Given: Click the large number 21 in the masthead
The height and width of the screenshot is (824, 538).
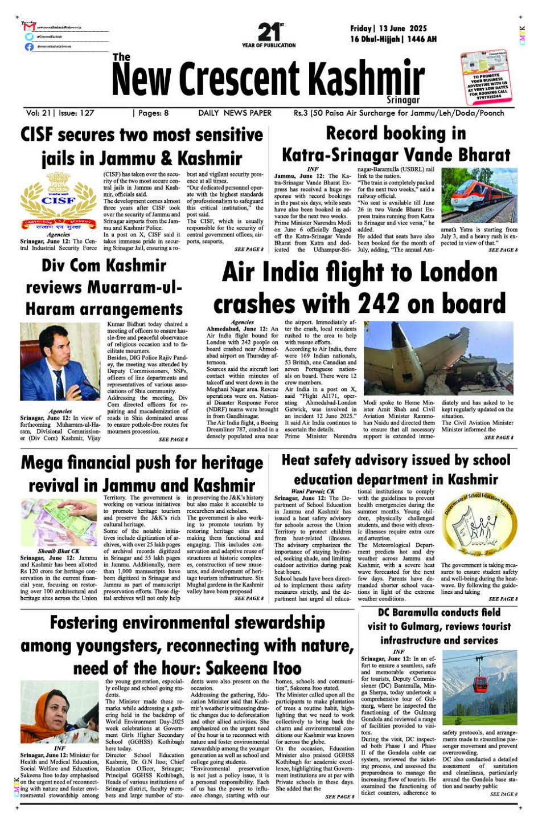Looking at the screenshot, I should tap(268, 31).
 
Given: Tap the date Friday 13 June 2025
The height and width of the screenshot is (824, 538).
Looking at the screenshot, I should tap(388, 28).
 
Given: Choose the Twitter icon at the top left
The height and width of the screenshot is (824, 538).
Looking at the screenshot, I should tap(29, 36).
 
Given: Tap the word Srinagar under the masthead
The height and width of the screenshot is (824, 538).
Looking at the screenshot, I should tap(403, 100).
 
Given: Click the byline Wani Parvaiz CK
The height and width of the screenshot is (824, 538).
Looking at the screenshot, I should tap(313, 491).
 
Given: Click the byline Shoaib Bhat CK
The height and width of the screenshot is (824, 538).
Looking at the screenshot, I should tap(59, 551).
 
